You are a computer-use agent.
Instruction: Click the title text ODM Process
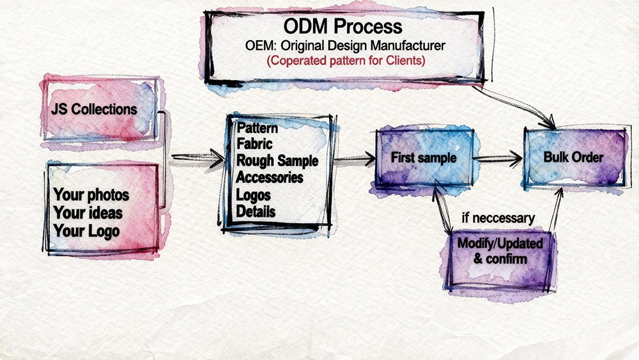pyautogui.click(x=343, y=27)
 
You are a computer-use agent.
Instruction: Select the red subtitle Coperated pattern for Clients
pyautogui.click(x=343, y=61)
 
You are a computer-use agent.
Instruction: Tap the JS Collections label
pyautogui.click(x=95, y=109)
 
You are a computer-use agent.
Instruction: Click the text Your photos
pyautogui.click(x=91, y=195)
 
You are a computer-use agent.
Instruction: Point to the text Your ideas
pyautogui.click(x=88, y=212)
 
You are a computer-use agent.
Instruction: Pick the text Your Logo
pyautogui.click(x=86, y=230)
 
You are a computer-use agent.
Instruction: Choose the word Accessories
pyautogui.click(x=270, y=177)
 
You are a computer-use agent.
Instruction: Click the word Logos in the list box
pyautogui.click(x=254, y=194)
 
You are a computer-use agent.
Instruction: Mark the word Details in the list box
pyautogui.click(x=256, y=211)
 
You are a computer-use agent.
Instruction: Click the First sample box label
pyautogui.click(x=424, y=157)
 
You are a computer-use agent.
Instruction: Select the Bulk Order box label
pyautogui.click(x=573, y=157)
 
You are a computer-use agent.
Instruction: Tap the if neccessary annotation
pyautogui.click(x=498, y=219)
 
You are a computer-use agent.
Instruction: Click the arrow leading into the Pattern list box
pyautogui.click(x=198, y=156)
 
